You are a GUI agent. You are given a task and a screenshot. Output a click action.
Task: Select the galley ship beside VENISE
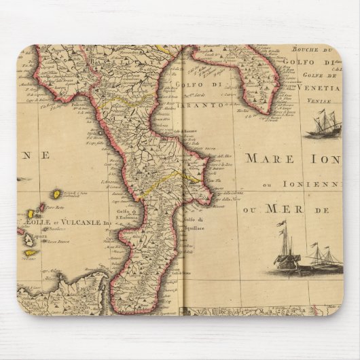click(323, 126)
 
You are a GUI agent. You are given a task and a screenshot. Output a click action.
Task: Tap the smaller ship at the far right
click(324, 258)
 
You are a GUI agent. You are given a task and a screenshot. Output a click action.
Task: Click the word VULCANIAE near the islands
click(83, 221)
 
